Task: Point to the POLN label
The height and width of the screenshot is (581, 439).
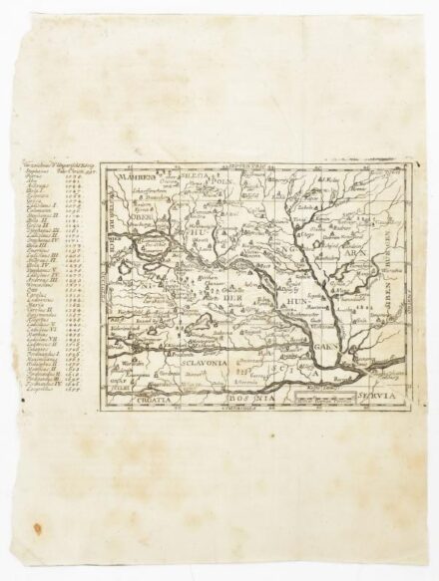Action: [219, 182]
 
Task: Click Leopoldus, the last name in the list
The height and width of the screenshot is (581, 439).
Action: [35, 394]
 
